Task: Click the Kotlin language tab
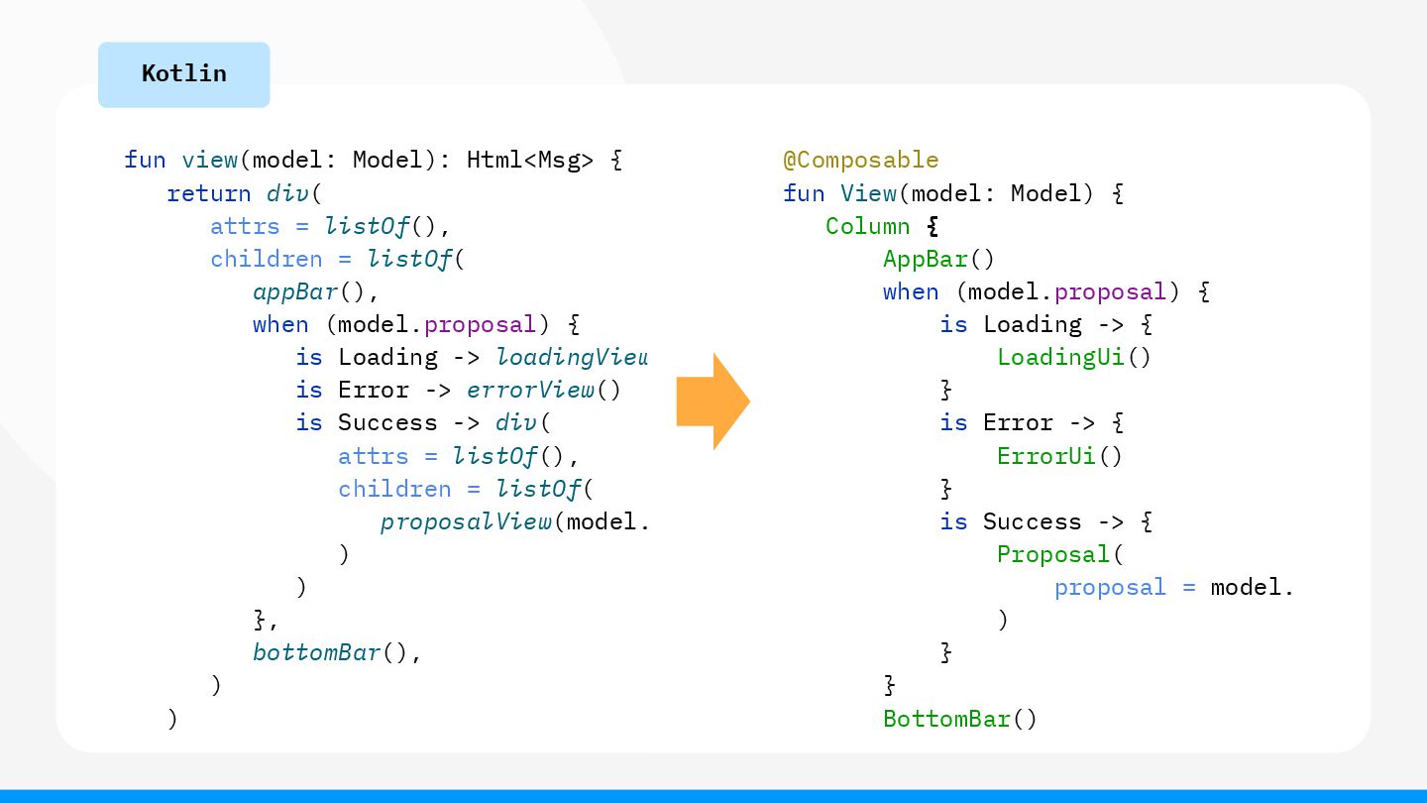[183, 74]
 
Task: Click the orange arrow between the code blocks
[712, 401]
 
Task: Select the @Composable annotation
[860, 160]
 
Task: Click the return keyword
[209, 192]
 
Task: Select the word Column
[867, 226]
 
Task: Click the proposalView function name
[466, 521]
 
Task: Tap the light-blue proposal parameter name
[1110, 587]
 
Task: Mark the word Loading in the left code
[387, 357]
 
